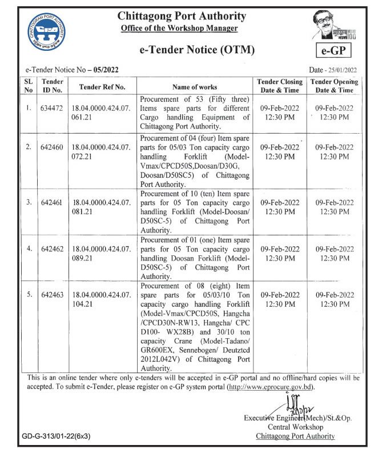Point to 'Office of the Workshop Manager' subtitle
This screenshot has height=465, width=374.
[x=179, y=28]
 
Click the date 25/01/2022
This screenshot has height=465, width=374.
[x=341, y=70]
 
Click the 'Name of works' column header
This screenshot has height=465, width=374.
[x=194, y=87]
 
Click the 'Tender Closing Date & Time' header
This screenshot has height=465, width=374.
[x=280, y=86]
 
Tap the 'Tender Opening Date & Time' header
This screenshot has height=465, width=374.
[x=335, y=86]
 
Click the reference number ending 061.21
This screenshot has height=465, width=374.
[x=101, y=111]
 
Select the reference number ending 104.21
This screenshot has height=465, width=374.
[x=101, y=299]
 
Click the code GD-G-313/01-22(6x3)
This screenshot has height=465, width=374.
[x=56, y=436]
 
